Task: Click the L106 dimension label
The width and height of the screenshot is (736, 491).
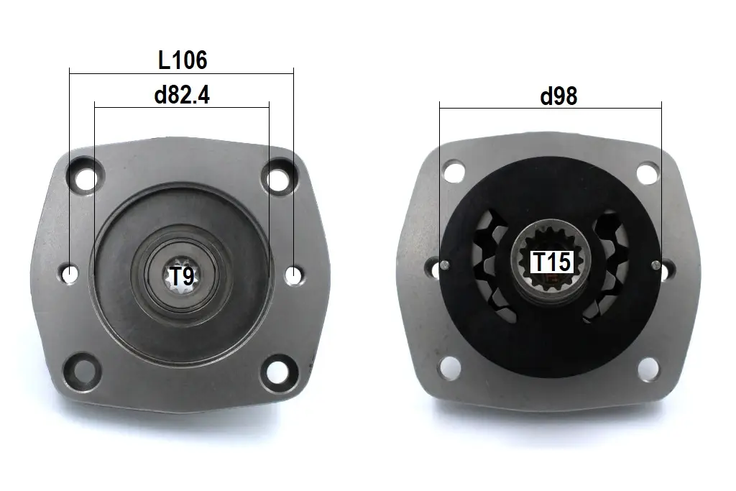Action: [x=183, y=60]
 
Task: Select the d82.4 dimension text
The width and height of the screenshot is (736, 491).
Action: [x=182, y=96]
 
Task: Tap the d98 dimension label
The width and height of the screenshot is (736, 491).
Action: [x=558, y=96]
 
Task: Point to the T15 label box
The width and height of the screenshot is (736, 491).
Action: [x=552, y=262]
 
